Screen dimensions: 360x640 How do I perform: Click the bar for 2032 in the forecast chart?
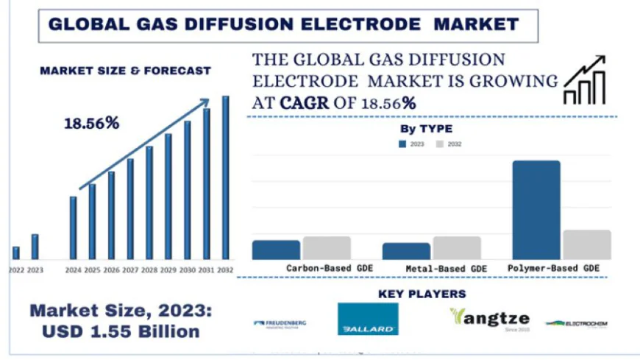pos(225,177)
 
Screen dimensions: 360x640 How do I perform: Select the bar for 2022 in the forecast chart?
pos(16,253)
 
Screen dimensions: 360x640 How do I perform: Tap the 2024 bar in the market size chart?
pos(73,227)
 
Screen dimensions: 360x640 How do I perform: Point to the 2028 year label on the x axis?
pos(149,270)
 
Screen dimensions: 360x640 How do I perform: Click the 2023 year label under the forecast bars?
pos(35,270)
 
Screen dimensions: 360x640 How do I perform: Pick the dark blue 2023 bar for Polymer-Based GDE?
pos(536,209)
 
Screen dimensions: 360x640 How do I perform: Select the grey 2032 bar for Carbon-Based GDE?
pos(327,247)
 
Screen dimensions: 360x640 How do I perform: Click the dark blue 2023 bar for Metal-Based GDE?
pos(406,250)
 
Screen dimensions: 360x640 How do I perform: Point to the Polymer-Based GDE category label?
pos(553,269)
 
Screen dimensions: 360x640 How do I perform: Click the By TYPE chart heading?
pos(426,129)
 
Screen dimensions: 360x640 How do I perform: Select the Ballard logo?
pos(368,319)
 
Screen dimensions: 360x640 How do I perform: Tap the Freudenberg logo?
pos(280,323)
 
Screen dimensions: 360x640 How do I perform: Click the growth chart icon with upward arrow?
pos(585,80)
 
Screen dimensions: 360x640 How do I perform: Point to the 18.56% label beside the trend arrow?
pos(92,123)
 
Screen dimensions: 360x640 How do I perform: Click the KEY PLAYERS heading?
pos(422,294)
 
